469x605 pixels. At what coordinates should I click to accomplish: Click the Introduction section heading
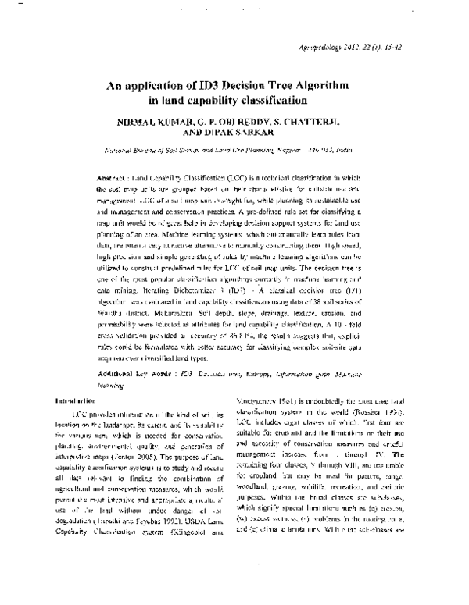point(71,400)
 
